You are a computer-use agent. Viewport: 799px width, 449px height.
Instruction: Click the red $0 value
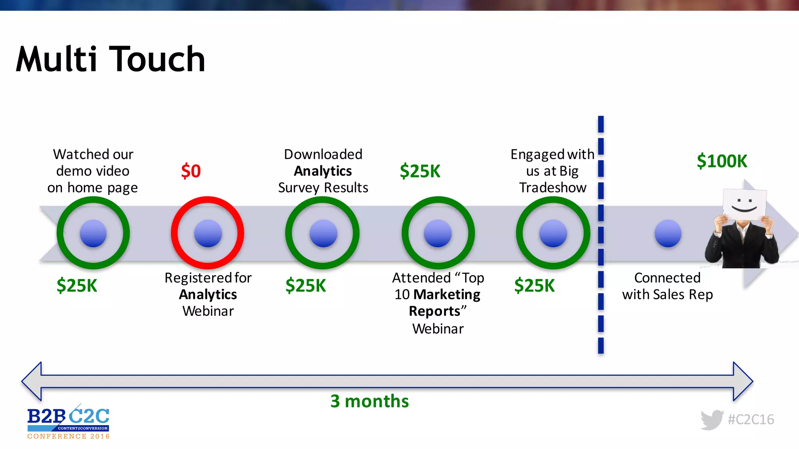191,171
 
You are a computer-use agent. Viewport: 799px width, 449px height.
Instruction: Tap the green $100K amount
722,161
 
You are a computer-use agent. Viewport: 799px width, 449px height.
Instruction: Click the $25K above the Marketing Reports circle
420,171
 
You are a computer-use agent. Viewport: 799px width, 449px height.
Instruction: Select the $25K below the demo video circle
77,285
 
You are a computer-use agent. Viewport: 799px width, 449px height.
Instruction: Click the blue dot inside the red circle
208,233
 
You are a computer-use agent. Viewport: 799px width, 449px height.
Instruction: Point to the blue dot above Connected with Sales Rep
668,233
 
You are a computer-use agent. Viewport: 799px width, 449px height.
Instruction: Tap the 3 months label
369,401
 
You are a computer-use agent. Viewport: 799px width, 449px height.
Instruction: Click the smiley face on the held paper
744,205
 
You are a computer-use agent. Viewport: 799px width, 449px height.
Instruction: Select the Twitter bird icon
712,420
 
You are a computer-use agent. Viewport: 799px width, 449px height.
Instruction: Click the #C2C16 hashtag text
751,419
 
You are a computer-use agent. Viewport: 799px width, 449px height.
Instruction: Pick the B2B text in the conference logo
46,416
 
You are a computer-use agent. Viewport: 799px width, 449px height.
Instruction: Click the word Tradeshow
552,187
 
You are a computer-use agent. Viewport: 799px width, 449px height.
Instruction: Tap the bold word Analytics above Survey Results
323,171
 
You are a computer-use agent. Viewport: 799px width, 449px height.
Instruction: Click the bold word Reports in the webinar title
434,311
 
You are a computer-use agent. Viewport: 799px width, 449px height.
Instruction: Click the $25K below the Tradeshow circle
534,285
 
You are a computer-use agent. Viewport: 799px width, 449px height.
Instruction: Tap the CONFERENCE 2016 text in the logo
69,437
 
